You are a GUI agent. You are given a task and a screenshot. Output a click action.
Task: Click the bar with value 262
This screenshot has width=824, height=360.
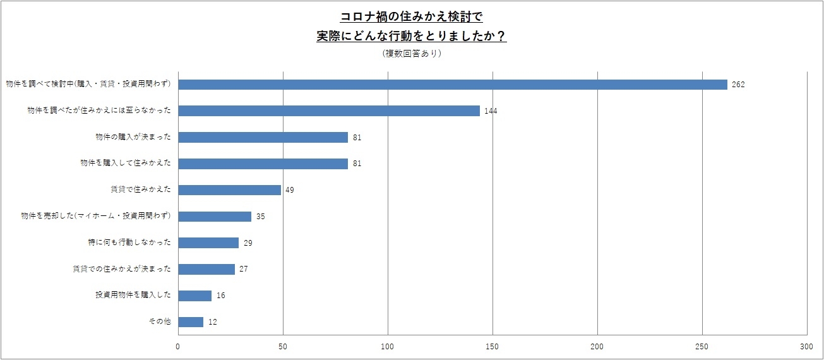click(x=453, y=85)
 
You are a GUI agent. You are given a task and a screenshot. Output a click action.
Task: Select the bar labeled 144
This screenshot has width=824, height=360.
click(x=329, y=111)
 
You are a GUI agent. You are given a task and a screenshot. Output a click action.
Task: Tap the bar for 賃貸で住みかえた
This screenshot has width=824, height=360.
click(x=230, y=189)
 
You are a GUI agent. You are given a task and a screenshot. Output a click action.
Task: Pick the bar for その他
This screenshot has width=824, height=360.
click(x=191, y=322)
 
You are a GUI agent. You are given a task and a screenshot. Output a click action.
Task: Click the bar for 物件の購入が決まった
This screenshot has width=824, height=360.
click(x=263, y=137)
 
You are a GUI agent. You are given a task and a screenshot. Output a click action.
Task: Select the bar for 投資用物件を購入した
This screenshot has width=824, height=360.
click(x=195, y=296)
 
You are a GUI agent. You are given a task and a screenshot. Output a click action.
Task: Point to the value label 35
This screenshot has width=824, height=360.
click(x=260, y=217)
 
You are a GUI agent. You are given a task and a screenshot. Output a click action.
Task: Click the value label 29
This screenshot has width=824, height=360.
click(x=248, y=243)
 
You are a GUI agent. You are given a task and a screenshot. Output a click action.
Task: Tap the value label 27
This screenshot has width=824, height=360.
click(x=243, y=269)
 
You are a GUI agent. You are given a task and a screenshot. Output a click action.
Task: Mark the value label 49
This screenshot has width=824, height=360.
click(x=289, y=190)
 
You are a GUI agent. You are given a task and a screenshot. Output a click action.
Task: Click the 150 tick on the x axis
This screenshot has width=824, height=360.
click(x=493, y=346)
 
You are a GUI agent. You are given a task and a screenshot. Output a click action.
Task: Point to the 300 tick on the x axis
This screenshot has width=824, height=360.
click(x=806, y=346)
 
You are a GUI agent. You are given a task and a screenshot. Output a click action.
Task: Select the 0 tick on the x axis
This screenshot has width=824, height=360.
click(x=178, y=346)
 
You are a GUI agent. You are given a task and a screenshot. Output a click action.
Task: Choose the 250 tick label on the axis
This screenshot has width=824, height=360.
click(x=702, y=346)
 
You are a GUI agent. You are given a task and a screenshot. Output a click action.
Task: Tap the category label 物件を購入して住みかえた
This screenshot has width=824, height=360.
click(x=126, y=164)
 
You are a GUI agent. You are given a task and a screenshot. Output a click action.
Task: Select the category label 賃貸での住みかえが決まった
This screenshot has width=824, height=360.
click(x=122, y=269)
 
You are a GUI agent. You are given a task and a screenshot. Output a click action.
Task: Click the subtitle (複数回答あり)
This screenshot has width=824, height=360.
click(x=412, y=54)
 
